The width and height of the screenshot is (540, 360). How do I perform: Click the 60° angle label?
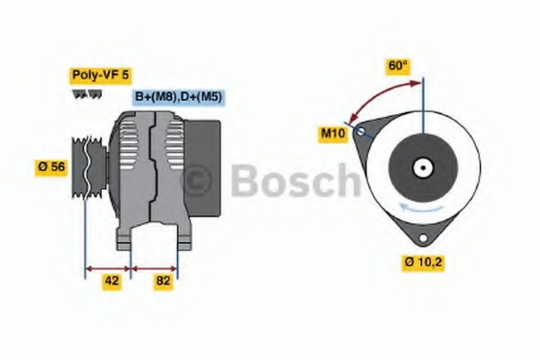pyautogui.click(x=397, y=66)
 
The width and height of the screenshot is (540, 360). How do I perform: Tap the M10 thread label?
pyautogui.click(x=333, y=133)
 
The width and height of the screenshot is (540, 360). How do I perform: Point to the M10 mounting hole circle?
pyautogui.click(x=361, y=132)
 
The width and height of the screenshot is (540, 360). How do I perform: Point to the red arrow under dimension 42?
pyautogui.click(x=107, y=267)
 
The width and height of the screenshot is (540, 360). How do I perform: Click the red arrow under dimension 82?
pyautogui.click(x=155, y=267)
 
